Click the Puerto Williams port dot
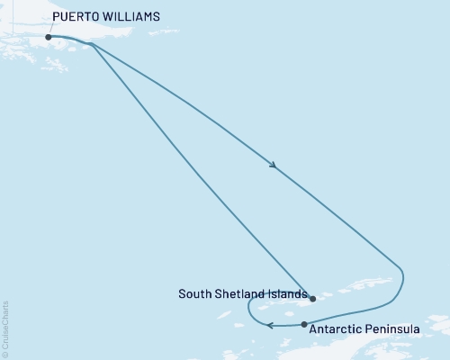[48, 37]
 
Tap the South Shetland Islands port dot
[312, 298]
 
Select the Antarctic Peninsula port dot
[304, 324]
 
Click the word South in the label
[194, 293]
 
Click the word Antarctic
[336, 329]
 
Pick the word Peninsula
[392, 329]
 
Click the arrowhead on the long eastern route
[272, 165]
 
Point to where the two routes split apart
[92, 44]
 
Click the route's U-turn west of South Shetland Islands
[250, 310]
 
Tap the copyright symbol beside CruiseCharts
[6, 355]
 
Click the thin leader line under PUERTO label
[49, 29]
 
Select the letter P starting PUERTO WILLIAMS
[56, 17]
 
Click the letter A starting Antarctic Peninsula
[312, 329]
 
